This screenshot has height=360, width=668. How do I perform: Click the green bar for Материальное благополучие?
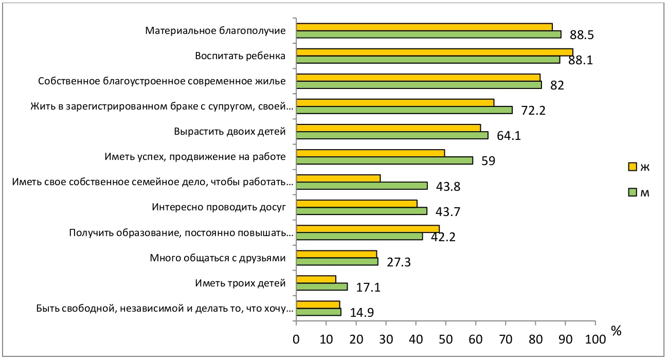tap(428, 34)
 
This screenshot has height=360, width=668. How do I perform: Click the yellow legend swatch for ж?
tap(632, 167)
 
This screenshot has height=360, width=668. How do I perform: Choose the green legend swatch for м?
tap(632, 192)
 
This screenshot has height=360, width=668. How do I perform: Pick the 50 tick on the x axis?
tap(446, 339)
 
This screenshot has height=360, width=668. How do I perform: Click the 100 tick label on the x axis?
tap(595, 339)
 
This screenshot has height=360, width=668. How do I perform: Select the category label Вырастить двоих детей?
tap(230, 132)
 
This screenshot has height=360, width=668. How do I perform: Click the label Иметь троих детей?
tap(240, 283)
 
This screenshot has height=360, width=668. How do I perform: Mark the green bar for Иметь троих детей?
tap(322, 286)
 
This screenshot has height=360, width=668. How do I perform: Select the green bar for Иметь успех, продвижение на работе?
tap(384, 160)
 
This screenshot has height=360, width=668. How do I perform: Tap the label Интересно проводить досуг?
tap(219, 207)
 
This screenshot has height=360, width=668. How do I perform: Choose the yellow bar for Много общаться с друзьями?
tap(336, 254)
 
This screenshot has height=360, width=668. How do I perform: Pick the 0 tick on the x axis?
tap(296, 339)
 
